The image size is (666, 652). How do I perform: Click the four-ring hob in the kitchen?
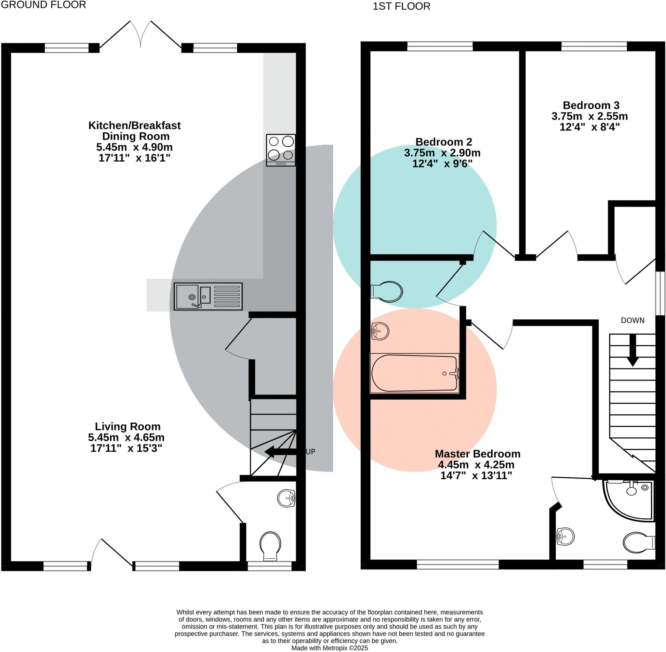[x=281, y=150]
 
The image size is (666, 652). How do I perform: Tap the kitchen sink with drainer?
[x=208, y=296]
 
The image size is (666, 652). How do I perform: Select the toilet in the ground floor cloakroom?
[x=271, y=546]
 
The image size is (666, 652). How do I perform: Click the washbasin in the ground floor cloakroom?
[x=286, y=498]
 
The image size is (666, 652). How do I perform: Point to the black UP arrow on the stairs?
[x=280, y=452]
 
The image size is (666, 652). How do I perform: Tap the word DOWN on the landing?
[x=633, y=320]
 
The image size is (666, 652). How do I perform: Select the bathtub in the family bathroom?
[x=414, y=373]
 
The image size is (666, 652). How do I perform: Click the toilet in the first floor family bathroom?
[x=387, y=292]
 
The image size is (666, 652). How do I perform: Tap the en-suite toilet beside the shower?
[x=639, y=542]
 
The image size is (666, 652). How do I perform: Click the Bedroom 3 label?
[x=591, y=105]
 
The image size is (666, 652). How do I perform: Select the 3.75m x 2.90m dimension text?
[x=442, y=153]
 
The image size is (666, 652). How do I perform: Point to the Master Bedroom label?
[x=477, y=454]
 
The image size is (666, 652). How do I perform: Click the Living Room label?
[x=128, y=426]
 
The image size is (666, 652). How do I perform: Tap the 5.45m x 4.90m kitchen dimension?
[x=134, y=147]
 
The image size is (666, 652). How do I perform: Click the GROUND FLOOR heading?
[x=44, y=5]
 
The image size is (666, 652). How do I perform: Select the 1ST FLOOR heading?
[x=401, y=6]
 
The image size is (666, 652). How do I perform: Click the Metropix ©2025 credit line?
[x=329, y=648]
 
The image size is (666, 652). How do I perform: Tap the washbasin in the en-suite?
[x=565, y=537]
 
